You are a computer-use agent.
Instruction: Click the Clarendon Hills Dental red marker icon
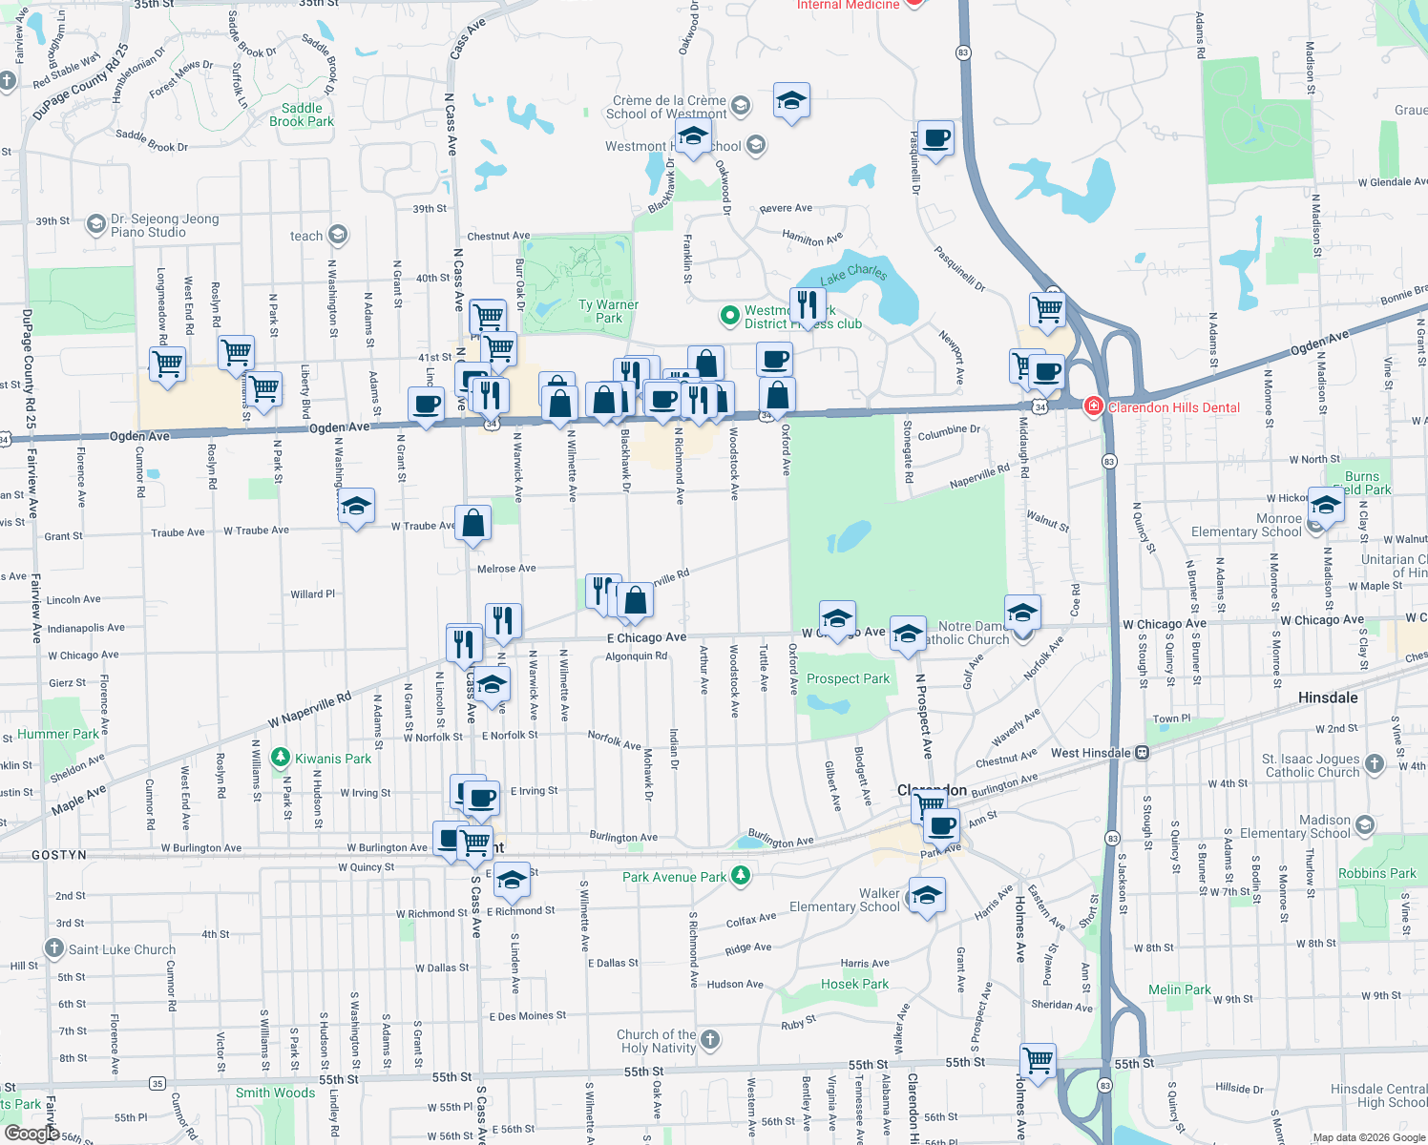click(1093, 407)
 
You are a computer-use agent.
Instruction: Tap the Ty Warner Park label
click(608, 311)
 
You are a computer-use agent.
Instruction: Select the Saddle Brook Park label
click(302, 114)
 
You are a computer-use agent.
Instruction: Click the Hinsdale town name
click(1327, 697)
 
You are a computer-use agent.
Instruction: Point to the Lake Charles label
click(853, 274)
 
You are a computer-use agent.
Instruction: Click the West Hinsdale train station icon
click(1142, 753)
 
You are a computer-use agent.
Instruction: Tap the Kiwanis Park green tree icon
click(280, 759)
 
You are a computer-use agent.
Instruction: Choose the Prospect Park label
click(848, 678)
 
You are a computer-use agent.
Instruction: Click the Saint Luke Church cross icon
click(54, 949)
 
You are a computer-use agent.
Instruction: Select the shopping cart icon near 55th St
click(1038, 1060)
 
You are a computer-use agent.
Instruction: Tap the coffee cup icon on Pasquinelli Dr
click(935, 138)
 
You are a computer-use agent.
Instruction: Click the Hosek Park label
click(854, 984)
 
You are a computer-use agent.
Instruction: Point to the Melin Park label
click(1179, 989)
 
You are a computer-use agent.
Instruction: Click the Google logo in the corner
click(31, 1133)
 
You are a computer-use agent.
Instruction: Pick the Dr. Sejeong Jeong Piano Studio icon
click(95, 225)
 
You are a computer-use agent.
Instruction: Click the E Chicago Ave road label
click(646, 637)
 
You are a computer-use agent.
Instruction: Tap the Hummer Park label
click(57, 734)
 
